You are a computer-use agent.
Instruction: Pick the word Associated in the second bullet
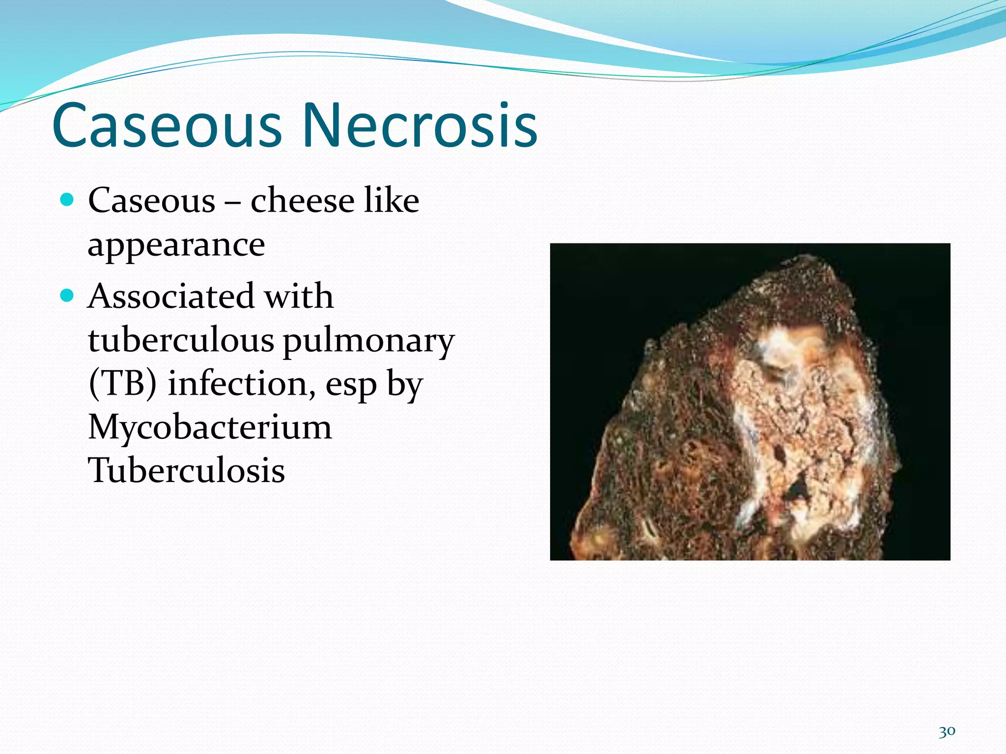170,296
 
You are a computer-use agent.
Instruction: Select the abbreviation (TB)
123,384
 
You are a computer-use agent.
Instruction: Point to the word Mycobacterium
210,427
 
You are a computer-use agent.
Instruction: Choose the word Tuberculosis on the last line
186,470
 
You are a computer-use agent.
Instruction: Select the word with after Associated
299,296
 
